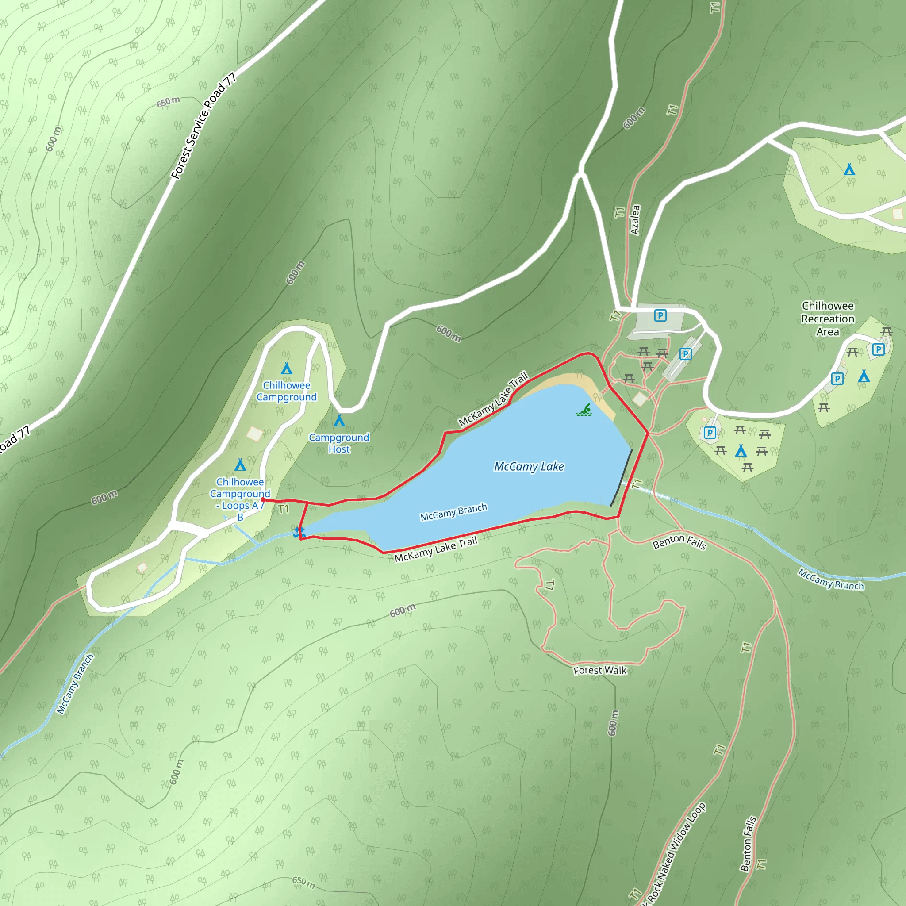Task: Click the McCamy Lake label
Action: (529, 467)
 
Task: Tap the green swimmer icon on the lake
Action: (584, 411)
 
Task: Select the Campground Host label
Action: (338, 443)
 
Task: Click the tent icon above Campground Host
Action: (339, 420)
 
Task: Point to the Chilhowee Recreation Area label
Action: (828, 319)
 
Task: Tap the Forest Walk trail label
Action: (600, 670)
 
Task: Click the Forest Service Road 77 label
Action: (203, 127)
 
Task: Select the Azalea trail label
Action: (635, 219)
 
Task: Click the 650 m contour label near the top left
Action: (168, 102)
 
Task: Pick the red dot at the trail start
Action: (263, 500)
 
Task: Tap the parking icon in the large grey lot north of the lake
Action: (660, 315)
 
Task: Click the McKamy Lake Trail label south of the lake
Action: (436, 549)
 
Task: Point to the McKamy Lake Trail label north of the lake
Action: (493, 399)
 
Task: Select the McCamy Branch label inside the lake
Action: (453, 512)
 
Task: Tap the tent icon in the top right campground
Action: (849, 169)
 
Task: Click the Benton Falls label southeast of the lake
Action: (679, 542)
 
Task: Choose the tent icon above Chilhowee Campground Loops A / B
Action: (240, 465)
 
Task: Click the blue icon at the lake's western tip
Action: (299, 532)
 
